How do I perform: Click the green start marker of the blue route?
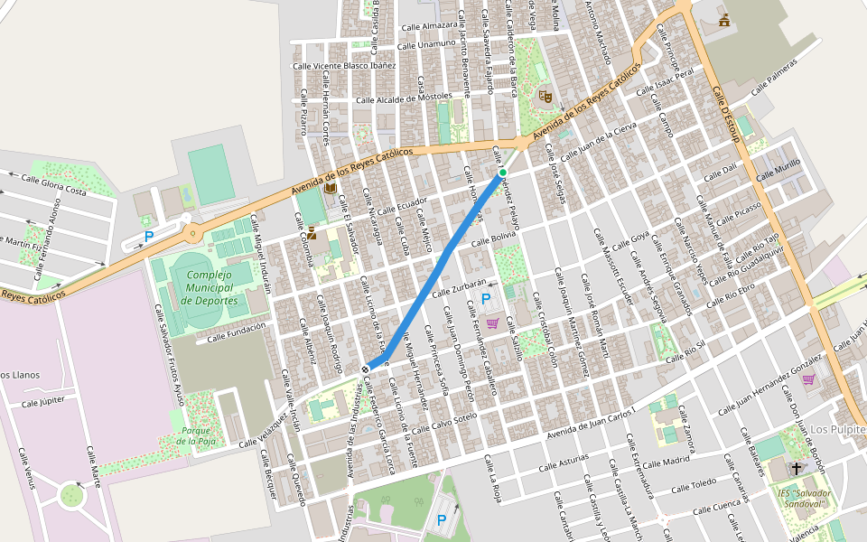[503, 172]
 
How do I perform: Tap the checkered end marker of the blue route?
[365, 369]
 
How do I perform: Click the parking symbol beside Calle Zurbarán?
[486, 299]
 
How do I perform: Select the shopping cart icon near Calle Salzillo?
[492, 322]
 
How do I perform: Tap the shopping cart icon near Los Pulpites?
[807, 379]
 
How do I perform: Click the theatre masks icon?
[545, 94]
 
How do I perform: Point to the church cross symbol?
[796, 468]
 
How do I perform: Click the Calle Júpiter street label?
[43, 402]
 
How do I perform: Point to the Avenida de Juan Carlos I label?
[591, 424]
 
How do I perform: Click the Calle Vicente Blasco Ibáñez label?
[344, 65]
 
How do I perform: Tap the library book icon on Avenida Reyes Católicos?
[331, 187]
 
